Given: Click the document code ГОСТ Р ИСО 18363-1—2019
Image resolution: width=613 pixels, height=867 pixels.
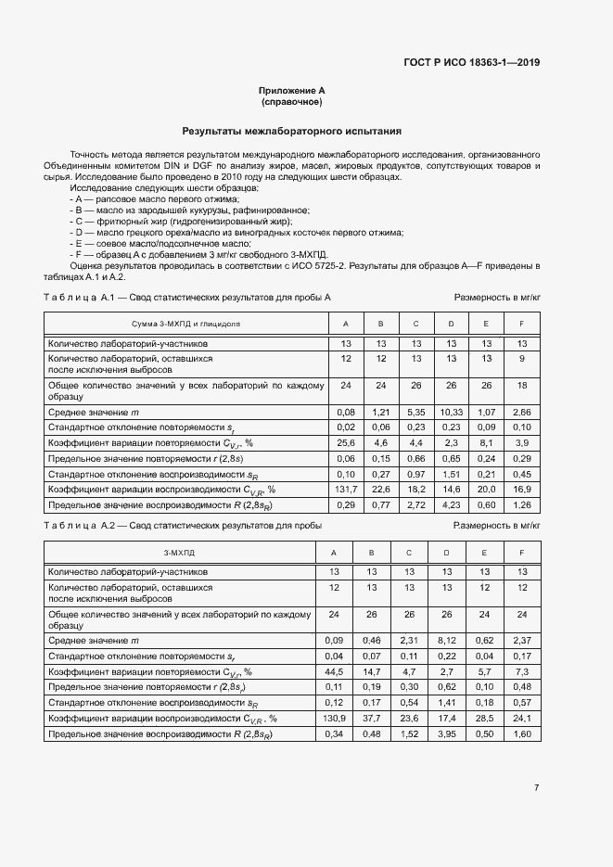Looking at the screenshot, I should [x=472, y=63].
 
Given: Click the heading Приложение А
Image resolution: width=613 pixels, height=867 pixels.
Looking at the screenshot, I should [x=291, y=91].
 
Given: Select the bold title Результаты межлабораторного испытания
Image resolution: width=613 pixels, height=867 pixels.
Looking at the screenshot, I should [x=291, y=132].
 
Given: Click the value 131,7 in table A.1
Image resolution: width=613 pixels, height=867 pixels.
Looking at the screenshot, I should [x=346, y=489].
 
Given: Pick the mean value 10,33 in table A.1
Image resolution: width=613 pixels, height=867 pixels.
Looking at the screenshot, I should [x=451, y=411].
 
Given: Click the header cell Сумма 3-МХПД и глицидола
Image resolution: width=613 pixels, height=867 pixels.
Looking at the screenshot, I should [x=185, y=324].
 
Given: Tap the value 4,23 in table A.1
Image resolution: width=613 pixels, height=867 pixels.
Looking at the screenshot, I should [x=451, y=504].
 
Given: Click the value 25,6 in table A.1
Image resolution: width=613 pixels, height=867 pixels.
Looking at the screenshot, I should [x=346, y=442].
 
